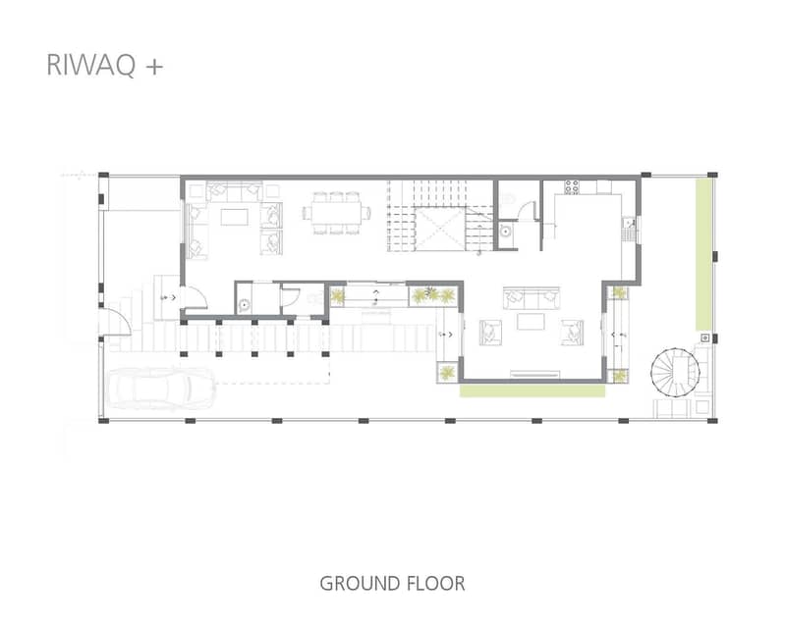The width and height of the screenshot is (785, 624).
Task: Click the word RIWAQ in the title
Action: (x=90, y=65)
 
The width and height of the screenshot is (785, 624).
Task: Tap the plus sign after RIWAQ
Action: (x=154, y=67)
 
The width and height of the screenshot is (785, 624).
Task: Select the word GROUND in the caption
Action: (x=358, y=584)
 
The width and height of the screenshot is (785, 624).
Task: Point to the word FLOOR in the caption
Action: (x=435, y=584)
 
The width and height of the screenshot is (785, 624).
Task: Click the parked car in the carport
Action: (x=161, y=388)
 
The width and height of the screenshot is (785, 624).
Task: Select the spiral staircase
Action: (x=674, y=372)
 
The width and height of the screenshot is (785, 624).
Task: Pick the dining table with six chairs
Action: (x=336, y=213)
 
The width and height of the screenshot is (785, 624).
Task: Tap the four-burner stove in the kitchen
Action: (x=572, y=187)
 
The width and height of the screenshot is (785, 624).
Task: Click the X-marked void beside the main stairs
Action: (x=441, y=228)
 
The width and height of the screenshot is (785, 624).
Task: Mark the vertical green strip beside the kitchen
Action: (x=702, y=254)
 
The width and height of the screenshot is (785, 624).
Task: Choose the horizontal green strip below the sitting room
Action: (x=533, y=390)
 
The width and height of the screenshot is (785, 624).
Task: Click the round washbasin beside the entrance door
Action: (x=245, y=304)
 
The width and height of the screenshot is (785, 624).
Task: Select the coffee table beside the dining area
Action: (x=234, y=217)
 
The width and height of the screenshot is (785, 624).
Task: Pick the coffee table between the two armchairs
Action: (x=531, y=322)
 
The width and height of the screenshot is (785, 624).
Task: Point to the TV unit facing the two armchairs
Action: (x=534, y=374)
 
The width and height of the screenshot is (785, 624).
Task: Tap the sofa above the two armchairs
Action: (x=532, y=298)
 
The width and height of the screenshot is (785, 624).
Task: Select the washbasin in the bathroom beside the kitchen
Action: (x=506, y=231)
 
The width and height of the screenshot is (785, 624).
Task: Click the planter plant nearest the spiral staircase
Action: (x=619, y=376)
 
